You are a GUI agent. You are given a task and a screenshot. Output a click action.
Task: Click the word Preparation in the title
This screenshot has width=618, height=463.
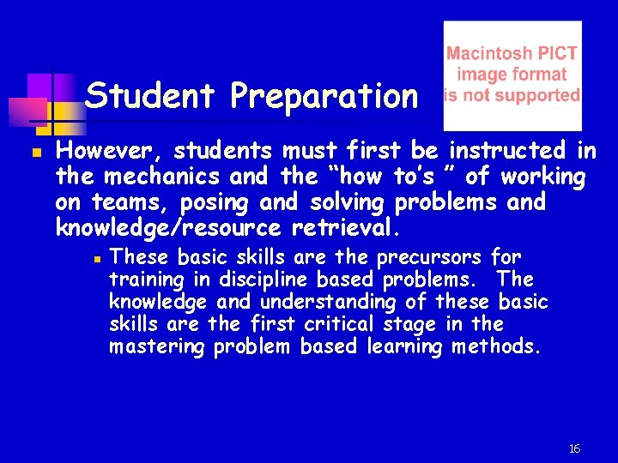323,97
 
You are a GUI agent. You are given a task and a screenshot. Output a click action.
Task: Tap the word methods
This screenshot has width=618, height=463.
497,346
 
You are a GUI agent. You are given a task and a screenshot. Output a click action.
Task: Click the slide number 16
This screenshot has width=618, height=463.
574,448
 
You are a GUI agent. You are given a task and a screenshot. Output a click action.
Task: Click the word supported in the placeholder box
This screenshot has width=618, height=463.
538,94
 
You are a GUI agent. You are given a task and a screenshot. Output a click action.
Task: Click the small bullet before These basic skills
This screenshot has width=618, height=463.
98,257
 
